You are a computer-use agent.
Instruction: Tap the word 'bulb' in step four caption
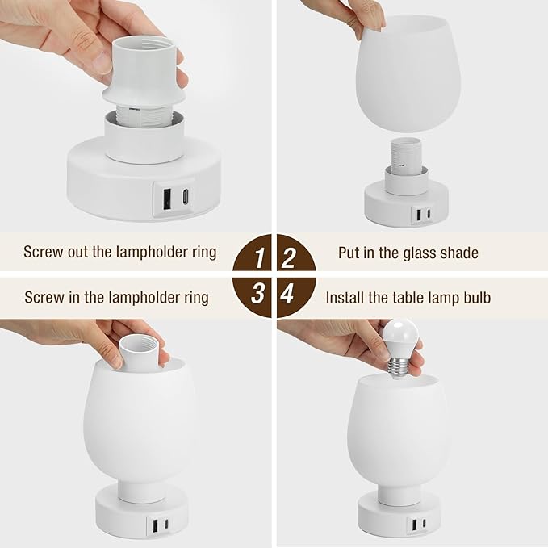tap(475, 297)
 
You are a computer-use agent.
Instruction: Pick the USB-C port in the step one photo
tap(186, 195)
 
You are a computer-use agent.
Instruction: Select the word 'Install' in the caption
tap(345, 297)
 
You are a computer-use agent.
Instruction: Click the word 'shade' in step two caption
tap(461, 253)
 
